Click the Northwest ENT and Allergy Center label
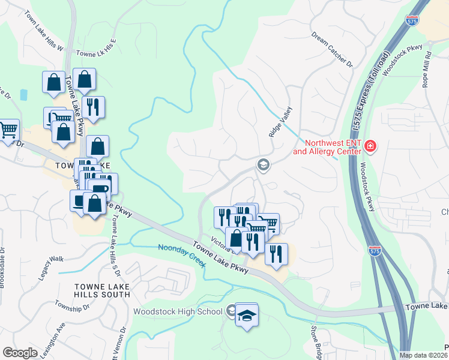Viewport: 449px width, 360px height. click(328, 148)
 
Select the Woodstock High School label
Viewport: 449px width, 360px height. click(177, 311)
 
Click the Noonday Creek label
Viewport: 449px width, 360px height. click(182, 256)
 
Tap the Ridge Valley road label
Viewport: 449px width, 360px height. click(280, 122)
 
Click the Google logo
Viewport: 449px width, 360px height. click(20, 353)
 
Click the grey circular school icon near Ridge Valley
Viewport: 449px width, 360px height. click(262, 164)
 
